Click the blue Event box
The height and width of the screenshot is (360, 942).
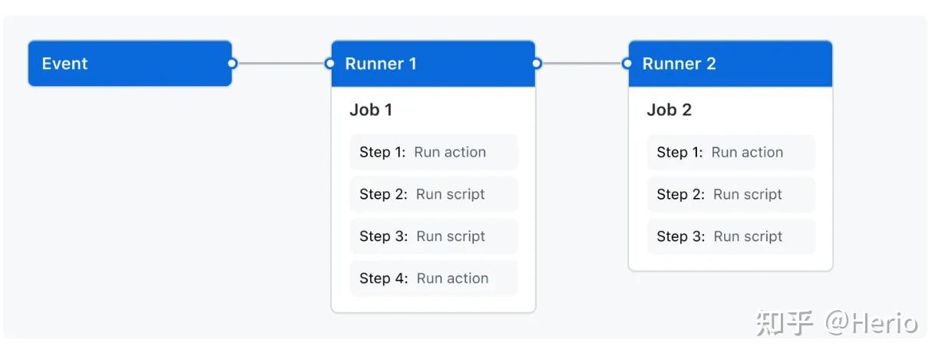point(129,64)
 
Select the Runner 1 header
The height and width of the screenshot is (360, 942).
point(432,64)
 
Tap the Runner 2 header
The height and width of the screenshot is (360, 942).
point(729,64)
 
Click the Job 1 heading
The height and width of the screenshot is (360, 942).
point(371,110)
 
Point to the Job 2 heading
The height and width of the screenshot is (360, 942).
point(669,110)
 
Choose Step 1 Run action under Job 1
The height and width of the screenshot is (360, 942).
point(433,152)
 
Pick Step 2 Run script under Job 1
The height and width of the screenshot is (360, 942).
point(433,194)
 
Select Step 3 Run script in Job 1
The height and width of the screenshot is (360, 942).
point(433,236)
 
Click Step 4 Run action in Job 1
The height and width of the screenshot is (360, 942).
point(433,279)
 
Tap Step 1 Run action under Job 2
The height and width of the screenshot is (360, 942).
point(730,152)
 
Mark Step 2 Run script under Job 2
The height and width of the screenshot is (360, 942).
point(730,194)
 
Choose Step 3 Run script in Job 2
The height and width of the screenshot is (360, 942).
point(730,236)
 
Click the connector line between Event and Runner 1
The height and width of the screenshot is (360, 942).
point(281,64)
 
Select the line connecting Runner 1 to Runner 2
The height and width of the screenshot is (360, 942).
point(582,64)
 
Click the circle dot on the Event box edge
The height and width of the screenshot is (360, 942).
point(232,64)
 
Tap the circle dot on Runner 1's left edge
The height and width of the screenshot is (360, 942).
point(330,64)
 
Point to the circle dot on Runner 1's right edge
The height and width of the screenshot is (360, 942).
point(536,64)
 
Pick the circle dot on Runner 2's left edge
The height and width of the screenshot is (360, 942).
point(628,64)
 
